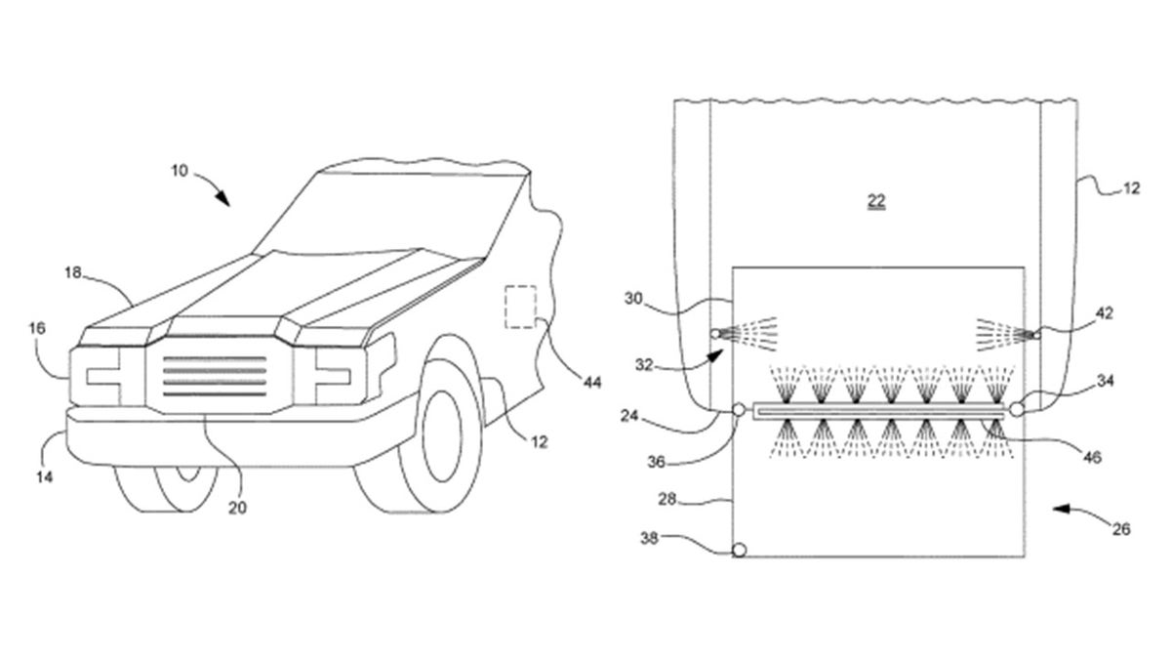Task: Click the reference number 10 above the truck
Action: [x=180, y=171]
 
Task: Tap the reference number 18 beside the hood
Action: [x=72, y=272]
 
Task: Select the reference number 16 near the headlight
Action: [x=37, y=328]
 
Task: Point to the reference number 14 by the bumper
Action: [x=45, y=477]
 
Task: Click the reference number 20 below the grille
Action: [x=237, y=508]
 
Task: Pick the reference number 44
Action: [x=592, y=383]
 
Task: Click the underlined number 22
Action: [x=876, y=200]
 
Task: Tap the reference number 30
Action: [x=633, y=299]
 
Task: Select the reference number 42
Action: [x=1105, y=313]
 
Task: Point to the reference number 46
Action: [x=1092, y=457]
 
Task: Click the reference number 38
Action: [x=649, y=538]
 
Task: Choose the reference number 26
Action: [x=1121, y=529]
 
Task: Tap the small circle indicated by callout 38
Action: [x=740, y=550]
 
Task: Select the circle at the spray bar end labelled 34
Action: [x=1016, y=409]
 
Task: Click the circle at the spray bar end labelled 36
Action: [x=740, y=409]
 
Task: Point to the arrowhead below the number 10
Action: [x=223, y=199]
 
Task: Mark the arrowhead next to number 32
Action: [x=715, y=355]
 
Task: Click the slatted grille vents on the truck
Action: [x=215, y=376]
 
